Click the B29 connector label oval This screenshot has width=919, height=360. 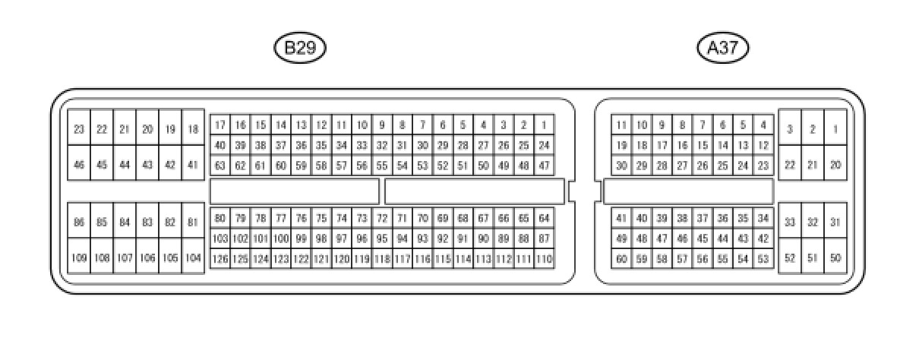click(300, 49)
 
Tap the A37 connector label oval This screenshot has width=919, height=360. click(722, 49)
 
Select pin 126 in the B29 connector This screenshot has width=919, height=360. click(220, 259)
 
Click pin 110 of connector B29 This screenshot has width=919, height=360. click(544, 259)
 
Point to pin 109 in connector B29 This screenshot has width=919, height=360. click(79, 258)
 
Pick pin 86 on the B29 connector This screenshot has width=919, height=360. click(79, 223)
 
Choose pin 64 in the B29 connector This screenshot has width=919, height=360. click(544, 219)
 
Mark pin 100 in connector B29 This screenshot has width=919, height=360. click(281, 238)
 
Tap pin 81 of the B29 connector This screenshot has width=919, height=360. click(193, 223)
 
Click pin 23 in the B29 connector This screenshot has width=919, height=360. click(79, 130)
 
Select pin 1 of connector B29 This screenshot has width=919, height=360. click(544, 125)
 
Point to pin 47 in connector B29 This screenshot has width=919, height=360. click(544, 165)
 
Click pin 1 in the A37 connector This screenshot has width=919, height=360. click(835, 130)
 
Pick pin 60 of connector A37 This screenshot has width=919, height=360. click(621, 259)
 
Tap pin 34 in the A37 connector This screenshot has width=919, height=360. click(763, 219)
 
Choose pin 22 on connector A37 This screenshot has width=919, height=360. click(790, 165)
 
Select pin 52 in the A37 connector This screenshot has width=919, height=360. click(790, 258)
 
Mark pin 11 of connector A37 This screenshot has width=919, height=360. click(621, 125)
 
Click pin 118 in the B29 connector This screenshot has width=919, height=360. click(382, 259)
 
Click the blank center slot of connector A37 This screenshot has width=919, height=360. click(688, 191)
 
